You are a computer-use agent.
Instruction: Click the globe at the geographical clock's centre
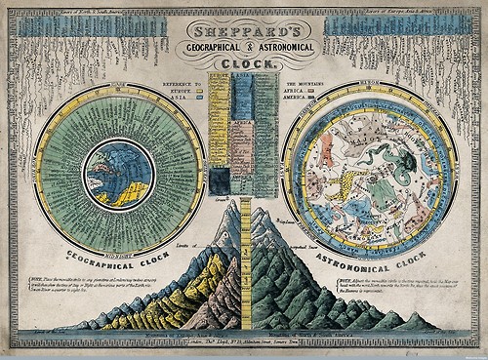pyautogui.click(x=117, y=174)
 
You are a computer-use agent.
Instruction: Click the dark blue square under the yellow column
pyautogui.click(x=221, y=180)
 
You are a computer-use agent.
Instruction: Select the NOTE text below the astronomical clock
pyautogui.click(x=394, y=289)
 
